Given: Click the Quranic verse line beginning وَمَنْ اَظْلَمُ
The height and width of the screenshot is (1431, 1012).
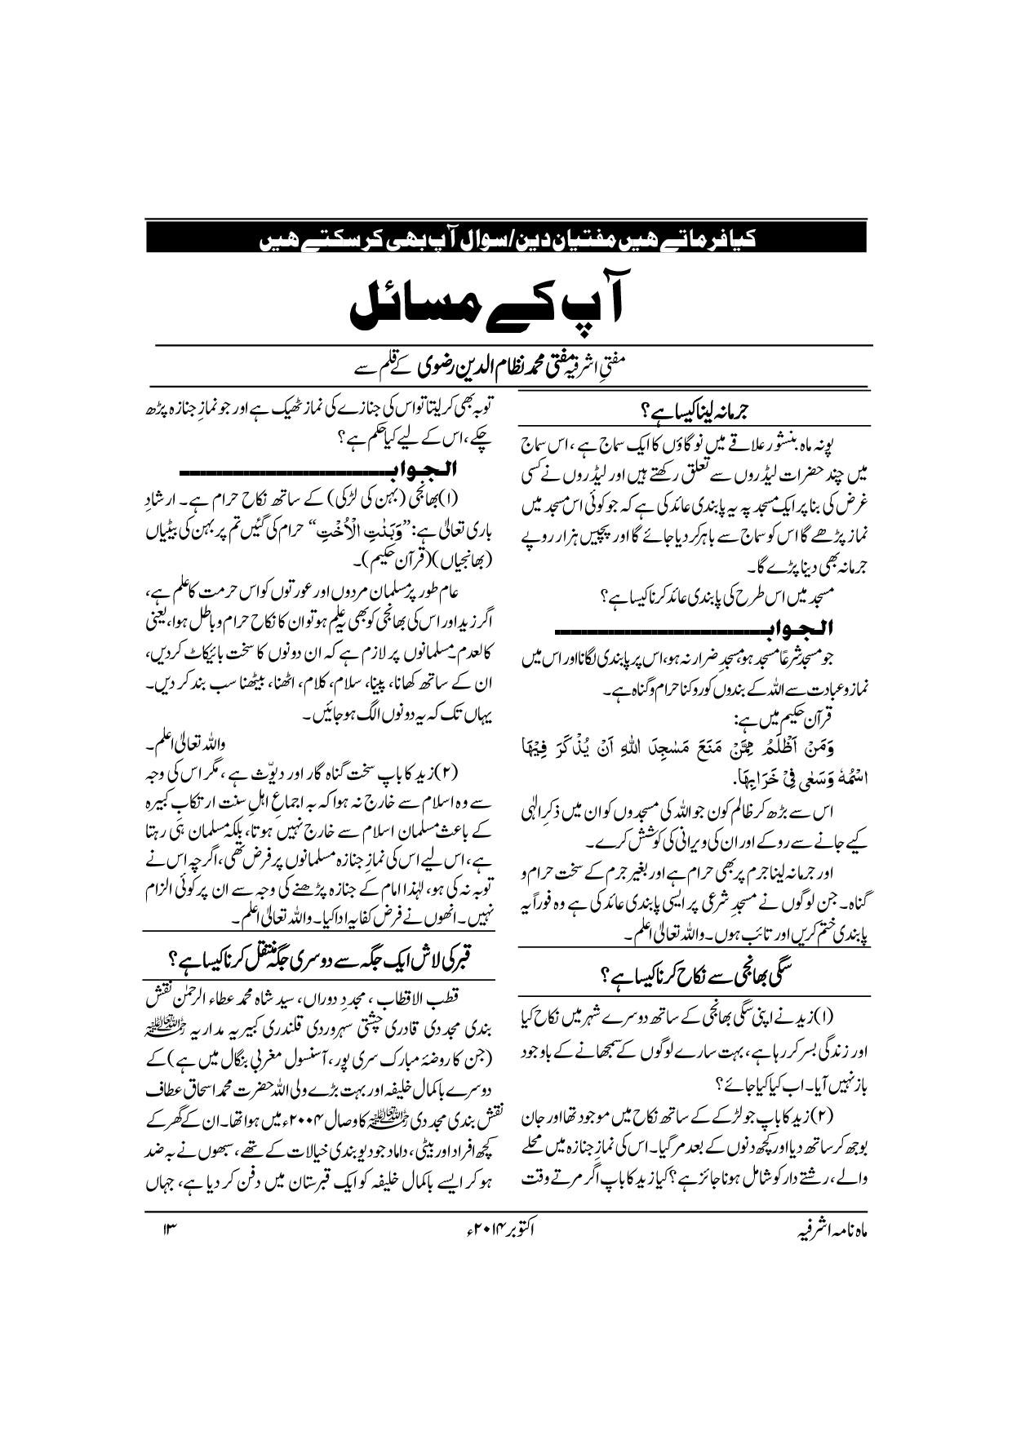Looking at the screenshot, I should click(695, 744).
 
